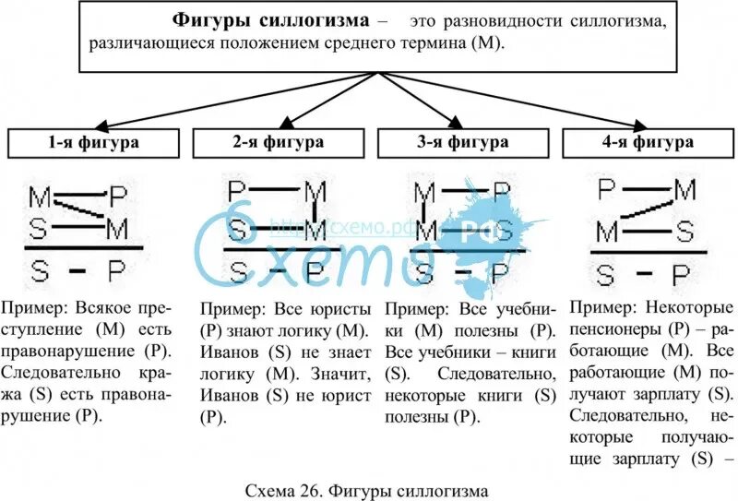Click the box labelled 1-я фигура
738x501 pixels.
pos(94,143)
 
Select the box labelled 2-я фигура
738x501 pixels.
pos(278,143)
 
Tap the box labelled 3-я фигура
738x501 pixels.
pos(462,143)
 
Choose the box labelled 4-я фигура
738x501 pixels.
pos(647,143)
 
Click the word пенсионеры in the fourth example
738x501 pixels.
pos(612,328)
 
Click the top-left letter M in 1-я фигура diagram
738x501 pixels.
pos(40,197)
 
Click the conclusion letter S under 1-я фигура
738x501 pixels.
pos(40,270)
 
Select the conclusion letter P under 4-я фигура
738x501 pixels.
pos(680,274)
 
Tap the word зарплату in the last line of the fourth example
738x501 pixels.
pos(661,458)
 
